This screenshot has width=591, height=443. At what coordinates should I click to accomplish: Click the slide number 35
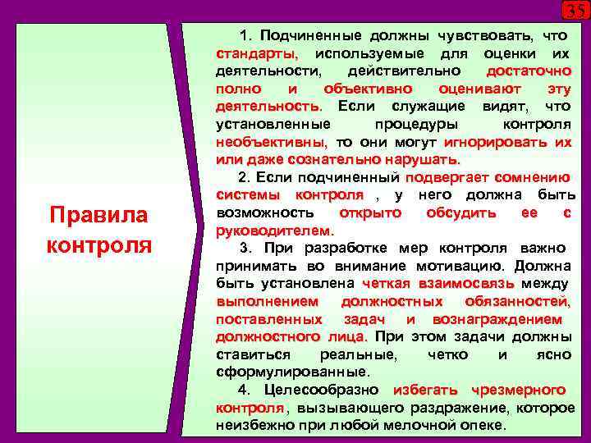click(575, 11)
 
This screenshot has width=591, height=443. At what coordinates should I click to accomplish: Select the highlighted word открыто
click(370, 212)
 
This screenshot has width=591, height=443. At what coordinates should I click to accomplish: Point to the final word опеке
click(482, 426)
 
